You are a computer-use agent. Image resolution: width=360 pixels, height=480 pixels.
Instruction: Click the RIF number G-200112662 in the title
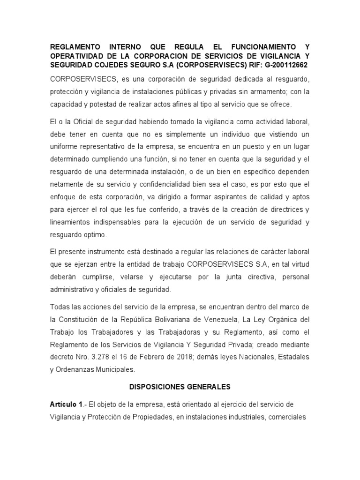280,64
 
